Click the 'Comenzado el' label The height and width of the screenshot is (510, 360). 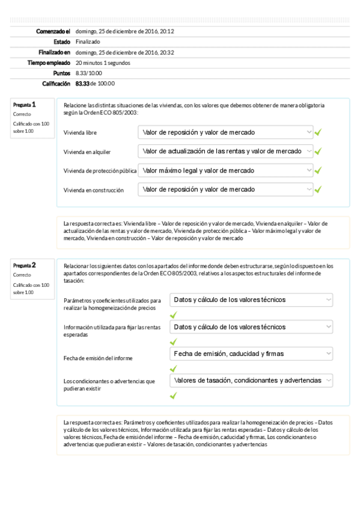coord(53,31)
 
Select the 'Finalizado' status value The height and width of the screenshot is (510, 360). coord(88,41)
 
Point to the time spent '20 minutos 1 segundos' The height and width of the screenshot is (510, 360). coord(103,63)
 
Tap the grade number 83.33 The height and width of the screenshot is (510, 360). coord(82,84)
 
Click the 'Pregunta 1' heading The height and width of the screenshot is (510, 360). coord(25,104)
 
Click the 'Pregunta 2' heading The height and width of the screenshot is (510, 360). coord(25,265)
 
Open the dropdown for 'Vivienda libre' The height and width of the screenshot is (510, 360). coord(225,132)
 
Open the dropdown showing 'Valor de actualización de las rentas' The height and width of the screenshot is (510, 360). coord(225,151)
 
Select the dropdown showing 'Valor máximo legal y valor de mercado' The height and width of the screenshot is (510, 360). coord(225,170)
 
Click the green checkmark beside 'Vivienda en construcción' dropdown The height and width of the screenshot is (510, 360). coord(318,189)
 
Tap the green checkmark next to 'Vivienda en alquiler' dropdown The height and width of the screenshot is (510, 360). coord(318,151)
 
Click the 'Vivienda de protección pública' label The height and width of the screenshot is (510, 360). coord(100,171)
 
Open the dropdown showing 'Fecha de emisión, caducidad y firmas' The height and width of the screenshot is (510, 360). coord(251,354)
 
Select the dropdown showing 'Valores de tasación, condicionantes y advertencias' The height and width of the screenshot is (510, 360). coord(251,381)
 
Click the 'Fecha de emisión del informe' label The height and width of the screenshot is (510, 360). coord(98,358)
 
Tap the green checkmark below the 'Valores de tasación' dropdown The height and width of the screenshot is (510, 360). coord(173,396)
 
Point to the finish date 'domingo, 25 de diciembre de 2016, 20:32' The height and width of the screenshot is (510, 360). coord(125,52)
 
